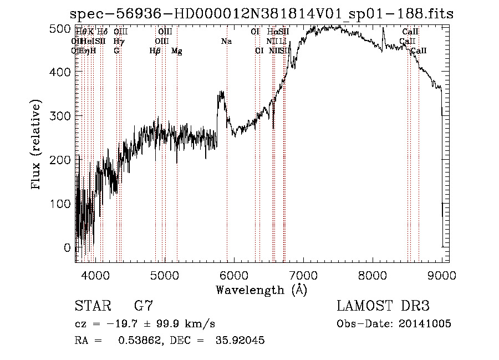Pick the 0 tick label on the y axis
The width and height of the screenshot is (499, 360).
68,247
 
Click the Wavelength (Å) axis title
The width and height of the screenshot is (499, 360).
261,290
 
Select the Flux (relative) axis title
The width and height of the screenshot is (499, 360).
37,145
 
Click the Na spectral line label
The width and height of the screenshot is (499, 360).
226,42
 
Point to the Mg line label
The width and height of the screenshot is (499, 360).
176,51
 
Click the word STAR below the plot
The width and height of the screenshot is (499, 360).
91,306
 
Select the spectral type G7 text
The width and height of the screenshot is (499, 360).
144,306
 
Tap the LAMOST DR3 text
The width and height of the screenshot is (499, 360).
383,306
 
